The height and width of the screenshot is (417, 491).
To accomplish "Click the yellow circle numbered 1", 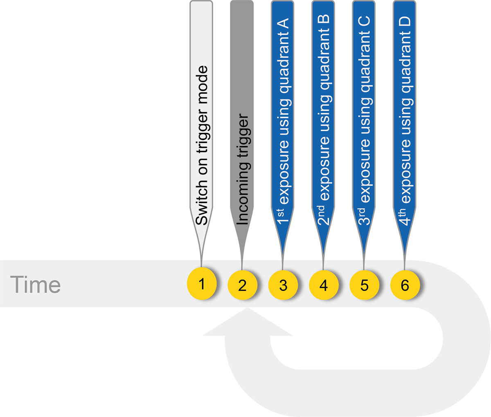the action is pyautogui.click(x=202, y=284).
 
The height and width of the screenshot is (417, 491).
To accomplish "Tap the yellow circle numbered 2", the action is pyautogui.click(x=242, y=285).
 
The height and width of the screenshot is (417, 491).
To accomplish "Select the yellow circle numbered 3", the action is pyautogui.click(x=283, y=285).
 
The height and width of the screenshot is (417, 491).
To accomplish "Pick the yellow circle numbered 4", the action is pyautogui.click(x=324, y=285).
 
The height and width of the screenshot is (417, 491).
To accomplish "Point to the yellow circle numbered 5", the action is pyautogui.click(x=364, y=285).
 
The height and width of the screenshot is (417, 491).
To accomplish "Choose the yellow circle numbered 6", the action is pyautogui.click(x=405, y=285).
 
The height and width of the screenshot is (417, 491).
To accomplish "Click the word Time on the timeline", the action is pyautogui.click(x=36, y=284).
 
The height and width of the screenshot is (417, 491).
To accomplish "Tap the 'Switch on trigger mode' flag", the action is pyautogui.click(x=201, y=119).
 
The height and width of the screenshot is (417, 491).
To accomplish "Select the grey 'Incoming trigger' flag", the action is pyautogui.click(x=242, y=119).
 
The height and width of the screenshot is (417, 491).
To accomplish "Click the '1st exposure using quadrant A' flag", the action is pyautogui.click(x=282, y=119).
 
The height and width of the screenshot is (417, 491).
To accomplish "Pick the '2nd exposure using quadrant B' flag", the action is pyautogui.click(x=323, y=119).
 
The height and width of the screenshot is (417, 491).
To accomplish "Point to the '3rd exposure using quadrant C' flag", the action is pyautogui.click(x=364, y=119).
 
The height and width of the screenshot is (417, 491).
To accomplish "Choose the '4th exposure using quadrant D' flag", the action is pyautogui.click(x=404, y=119).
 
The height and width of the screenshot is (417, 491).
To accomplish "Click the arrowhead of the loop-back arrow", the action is pyautogui.click(x=248, y=321).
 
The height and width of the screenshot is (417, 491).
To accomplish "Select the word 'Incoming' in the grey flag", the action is pyautogui.click(x=242, y=192).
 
